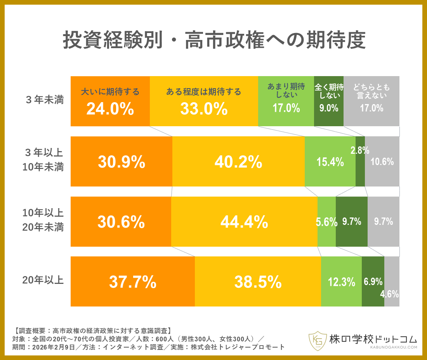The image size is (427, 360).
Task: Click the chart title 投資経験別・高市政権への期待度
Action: tap(214, 40)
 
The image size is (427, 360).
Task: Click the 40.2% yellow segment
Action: tap(238, 162)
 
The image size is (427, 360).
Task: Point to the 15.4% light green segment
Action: tap(330, 162)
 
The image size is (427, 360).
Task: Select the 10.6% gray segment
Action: tap(382, 162)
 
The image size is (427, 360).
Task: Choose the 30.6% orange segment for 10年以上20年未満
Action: tap(121, 222)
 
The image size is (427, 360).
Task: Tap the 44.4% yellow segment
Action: tap(244, 222)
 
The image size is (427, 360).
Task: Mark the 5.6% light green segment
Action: tap(326, 222)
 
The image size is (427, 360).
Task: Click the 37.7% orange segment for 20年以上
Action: tap(132, 282)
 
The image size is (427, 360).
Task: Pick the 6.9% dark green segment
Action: tap(373, 282)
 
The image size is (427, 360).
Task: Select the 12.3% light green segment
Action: tap(341, 282)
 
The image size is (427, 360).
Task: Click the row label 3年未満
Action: tap(45, 100)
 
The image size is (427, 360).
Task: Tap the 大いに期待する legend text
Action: tap(110, 92)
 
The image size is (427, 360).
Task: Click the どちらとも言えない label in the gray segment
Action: tap(371, 91)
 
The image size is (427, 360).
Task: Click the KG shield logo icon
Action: tap(317, 341)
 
